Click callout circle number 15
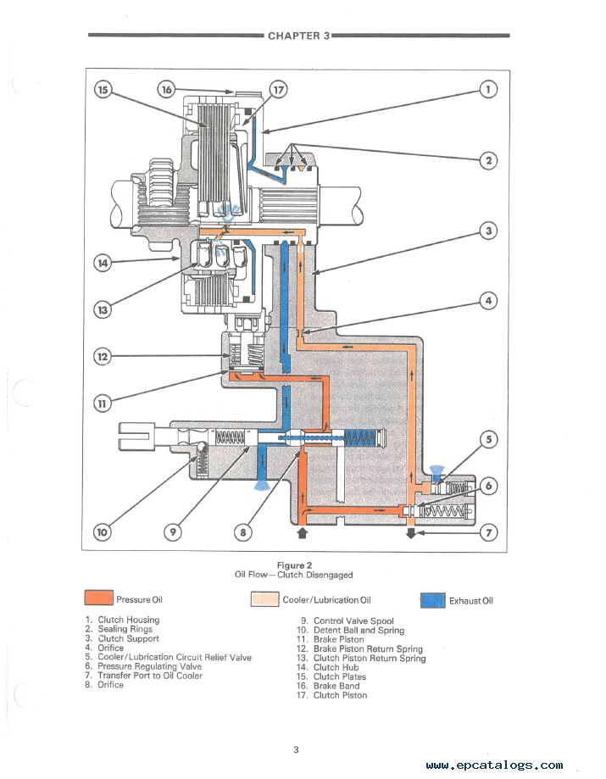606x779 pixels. [x=103, y=89]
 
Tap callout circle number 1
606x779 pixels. [x=488, y=89]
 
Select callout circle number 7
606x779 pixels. [x=489, y=532]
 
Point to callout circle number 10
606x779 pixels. [x=102, y=532]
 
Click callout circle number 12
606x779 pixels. [x=102, y=357]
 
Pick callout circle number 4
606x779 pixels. [x=488, y=300]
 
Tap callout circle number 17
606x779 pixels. [x=279, y=89]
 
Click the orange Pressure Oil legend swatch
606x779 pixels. [x=99, y=599]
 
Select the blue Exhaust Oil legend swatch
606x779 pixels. [x=433, y=600]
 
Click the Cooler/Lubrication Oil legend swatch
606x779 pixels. [x=265, y=599]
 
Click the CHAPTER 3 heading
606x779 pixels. [x=298, y=36]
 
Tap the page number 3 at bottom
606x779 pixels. [x=297, y=749]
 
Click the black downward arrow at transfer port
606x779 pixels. [x=411, y=533]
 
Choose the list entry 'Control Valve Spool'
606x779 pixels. [x=353, y=621]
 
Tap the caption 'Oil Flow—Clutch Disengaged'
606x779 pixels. [x=294, y=576]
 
